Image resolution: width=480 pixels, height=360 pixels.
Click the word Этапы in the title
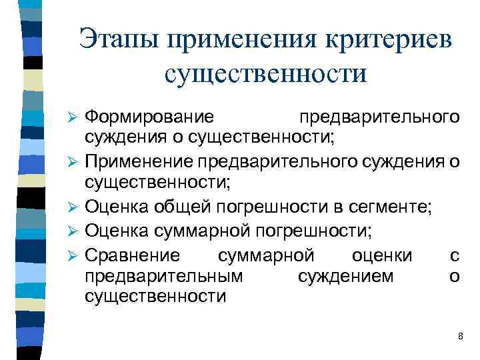tap(119, 39)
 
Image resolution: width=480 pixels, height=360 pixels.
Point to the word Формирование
tap(149, 117)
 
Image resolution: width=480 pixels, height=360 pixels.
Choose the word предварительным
tap(164, 275)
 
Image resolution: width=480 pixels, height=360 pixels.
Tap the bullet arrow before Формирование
tap(75, 118)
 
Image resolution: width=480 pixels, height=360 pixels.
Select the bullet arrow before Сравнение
tap(75, 255)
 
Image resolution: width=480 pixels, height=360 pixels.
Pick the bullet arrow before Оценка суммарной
tap(75, 232)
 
